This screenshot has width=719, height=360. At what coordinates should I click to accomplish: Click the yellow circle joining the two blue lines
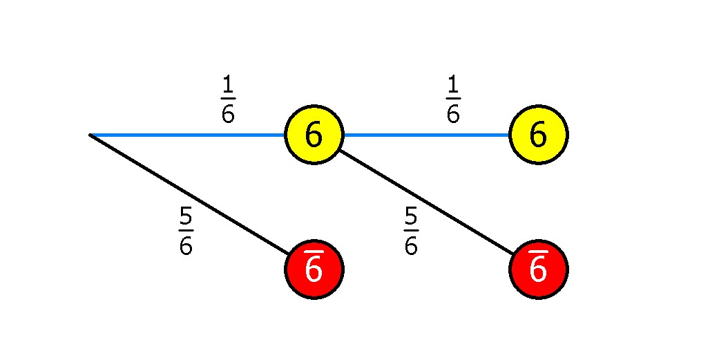pos(314,135)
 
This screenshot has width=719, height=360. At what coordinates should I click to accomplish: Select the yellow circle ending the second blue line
pos(539,135)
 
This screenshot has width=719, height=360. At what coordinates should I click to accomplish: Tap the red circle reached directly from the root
pos(314,269)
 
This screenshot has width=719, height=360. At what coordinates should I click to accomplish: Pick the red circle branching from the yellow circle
pos(539,269)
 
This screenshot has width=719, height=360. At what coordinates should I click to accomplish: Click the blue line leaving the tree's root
pos(187,135)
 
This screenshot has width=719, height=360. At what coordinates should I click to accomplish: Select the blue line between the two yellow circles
pos(426,135)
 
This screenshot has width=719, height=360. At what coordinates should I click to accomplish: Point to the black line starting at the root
pos(189,194)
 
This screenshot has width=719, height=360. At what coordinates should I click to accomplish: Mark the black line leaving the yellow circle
pos(426,202)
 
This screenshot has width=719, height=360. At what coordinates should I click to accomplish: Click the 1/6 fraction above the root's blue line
pos(228,100)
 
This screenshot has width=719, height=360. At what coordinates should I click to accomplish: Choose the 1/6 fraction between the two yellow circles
pos(452,100)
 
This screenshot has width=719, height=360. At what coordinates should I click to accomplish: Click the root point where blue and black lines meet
pos(90,135)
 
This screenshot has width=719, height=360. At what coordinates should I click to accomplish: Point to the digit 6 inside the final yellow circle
pos(538,135)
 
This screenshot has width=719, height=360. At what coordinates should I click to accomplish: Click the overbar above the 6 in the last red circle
pos(538,252)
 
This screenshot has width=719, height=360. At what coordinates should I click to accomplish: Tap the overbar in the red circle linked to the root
pos(314,252)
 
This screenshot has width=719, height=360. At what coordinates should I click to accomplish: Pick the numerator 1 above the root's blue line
pos(229,86)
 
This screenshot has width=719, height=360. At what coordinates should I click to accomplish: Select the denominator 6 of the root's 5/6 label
pos(186,246)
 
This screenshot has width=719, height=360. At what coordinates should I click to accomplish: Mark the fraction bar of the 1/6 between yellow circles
pos(452,99)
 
